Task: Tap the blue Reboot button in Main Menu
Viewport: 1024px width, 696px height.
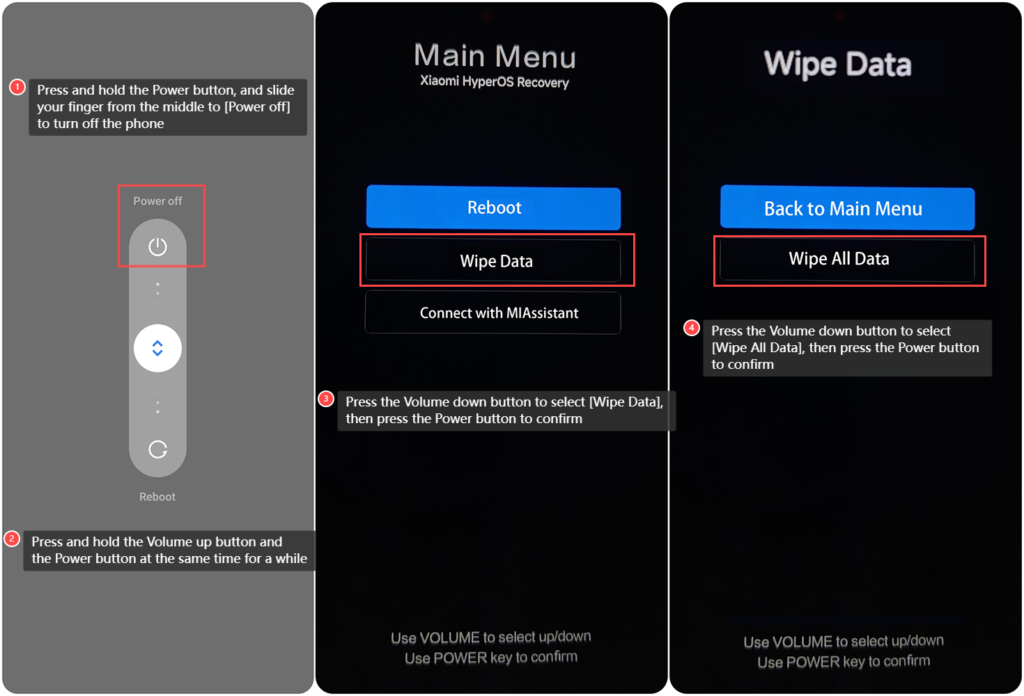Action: (x=493, y=207)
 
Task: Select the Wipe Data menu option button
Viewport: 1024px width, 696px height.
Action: (x=493, y=261)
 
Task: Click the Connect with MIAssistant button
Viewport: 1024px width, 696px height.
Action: (x=493, y=313)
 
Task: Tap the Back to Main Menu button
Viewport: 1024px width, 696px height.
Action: (x=847, y=208)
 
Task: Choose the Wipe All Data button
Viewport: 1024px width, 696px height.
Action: (x=847, y=260)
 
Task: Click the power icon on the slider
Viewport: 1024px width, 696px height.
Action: (x=157, y=246)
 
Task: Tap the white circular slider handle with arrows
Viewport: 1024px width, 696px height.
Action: (x=157, y=349)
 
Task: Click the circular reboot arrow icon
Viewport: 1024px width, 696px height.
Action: (x=157, y=450)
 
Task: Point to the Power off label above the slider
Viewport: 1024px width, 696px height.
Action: (x=157, y=201)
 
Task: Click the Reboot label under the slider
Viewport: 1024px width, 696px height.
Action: (x=157, y=497)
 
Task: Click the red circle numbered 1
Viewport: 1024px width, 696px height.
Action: (x=17, y=87)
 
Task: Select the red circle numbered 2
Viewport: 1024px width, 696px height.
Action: (x=12, y=539)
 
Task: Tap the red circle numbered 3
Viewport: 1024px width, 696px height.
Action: (x=326, y=399)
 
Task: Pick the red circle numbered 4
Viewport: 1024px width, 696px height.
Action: (x=692, y=328)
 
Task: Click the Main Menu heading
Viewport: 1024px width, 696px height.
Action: (x=495, y=56)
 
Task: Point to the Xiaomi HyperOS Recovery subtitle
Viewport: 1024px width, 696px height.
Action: (x=495, y=81)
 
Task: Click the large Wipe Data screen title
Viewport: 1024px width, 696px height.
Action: (x=838, y=65)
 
